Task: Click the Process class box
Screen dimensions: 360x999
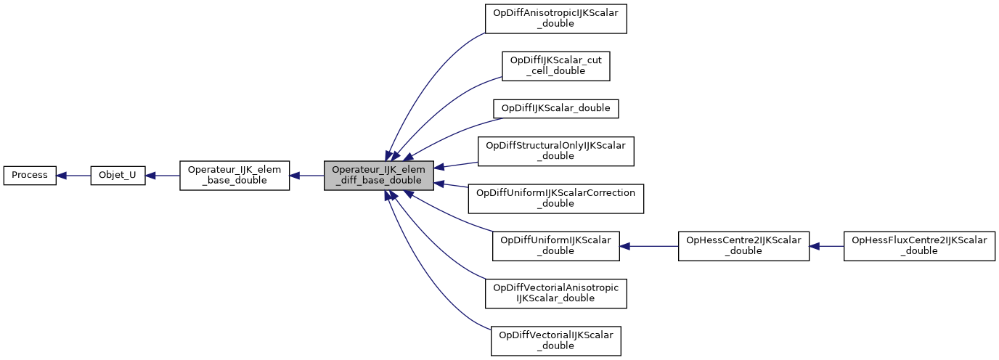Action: tap(30, 176)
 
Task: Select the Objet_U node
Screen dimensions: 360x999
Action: tap(118, 176)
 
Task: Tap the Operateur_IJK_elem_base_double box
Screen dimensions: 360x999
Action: tap(235, 176)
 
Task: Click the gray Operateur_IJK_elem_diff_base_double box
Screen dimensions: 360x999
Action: tap(379, 176)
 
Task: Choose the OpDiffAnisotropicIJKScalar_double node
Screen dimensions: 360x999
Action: tap(556, 18)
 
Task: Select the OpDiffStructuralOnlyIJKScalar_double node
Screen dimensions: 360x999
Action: tap(556, 151)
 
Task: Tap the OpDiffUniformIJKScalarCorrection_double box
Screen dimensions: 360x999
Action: tap(556, 198)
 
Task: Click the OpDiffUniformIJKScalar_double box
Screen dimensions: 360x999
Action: tap(556, 246)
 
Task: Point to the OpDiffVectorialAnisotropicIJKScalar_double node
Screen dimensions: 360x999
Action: tap(556, 293)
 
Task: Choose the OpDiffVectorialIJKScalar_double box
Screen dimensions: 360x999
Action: tap(556, 340)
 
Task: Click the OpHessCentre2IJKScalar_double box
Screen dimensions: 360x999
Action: tap(743, 246)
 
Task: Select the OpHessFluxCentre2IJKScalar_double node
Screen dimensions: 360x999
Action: tap(919, 246)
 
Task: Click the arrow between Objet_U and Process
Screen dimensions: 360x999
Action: tap(73, 176)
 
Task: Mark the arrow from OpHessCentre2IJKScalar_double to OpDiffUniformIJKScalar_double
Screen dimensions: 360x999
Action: tap(648, 246)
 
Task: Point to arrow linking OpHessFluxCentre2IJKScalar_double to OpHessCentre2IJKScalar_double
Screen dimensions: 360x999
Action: tap(826, 246)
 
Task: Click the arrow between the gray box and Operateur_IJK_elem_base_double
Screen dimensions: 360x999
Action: tap(307, 176)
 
